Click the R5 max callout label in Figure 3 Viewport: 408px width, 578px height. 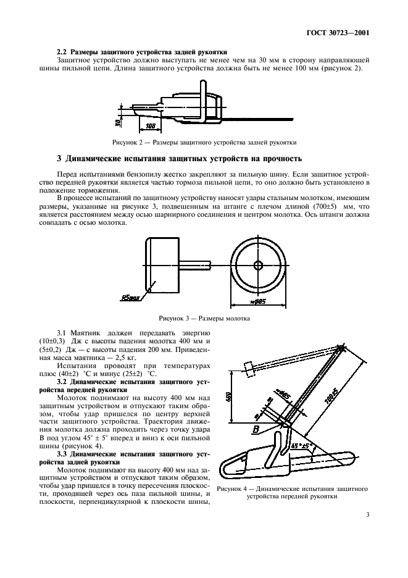click(130, 297)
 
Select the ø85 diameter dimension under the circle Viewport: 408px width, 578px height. click(258, 302)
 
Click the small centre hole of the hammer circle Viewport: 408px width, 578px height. click(258, 265)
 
